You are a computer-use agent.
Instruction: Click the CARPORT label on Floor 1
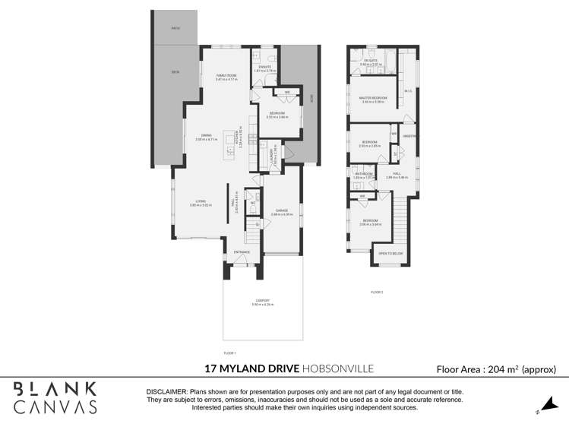[x=262, y=301]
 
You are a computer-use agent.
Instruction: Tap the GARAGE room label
[x=281, y=210]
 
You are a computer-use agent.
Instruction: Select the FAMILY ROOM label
[x=226, y=75]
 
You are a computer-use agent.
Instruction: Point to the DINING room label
[x=206, y=136]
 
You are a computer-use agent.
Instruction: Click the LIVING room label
[x=199, y=202]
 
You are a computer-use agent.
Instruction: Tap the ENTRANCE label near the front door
[x=242, y=251]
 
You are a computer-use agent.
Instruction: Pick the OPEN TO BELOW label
[x=391, y=253]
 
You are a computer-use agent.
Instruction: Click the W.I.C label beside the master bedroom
[x=408, y=91]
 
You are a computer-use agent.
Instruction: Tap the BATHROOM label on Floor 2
[x=364, y=173]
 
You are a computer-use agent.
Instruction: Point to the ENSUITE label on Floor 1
[x=264, y=67]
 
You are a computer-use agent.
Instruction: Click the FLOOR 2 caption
[x=377, y=292]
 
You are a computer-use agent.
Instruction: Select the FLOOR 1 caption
[x=230, y=353]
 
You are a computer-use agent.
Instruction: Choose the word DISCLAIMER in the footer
[x=172, y=391]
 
